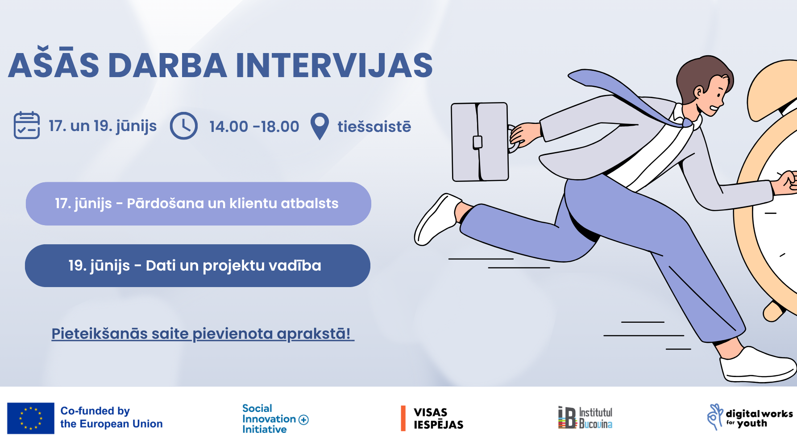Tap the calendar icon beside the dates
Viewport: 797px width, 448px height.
coord(27,125)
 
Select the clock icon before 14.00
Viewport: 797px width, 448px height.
coord(183,126)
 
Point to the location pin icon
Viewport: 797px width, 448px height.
coord(320,126)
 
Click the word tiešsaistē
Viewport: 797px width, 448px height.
coord(374,127)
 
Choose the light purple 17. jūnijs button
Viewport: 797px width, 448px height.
coord(198,204)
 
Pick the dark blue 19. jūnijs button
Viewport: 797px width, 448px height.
coord(197,266)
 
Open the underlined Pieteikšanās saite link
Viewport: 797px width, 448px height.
coord(203,333)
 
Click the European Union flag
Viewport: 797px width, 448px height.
coord(31,418)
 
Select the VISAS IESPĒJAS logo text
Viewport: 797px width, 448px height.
coord(438,418)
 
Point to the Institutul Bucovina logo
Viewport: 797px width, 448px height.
coord(585,418)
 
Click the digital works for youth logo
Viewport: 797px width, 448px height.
coord(750,417)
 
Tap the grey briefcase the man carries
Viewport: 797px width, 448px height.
coord(480,142)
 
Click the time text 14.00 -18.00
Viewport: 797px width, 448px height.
coord(254,127)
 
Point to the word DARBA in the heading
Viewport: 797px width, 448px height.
coord(167,66)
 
